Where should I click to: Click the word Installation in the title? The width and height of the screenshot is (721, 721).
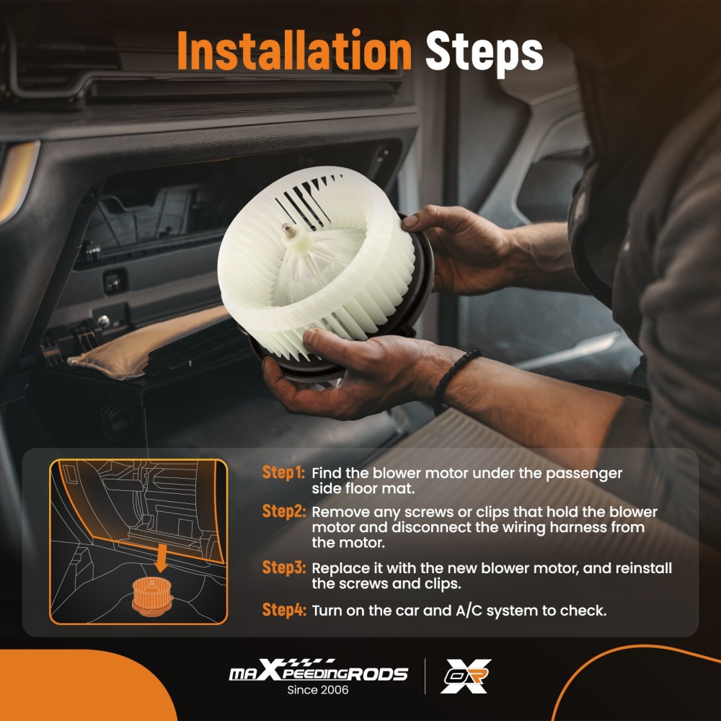[294, 50]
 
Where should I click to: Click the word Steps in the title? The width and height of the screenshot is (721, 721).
[485, 53]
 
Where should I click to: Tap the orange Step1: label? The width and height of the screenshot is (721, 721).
[283, 472]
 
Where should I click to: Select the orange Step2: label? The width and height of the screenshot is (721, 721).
[283, 511]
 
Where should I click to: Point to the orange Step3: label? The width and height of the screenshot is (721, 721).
[283, 567]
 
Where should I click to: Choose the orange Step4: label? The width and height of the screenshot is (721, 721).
[283, 610]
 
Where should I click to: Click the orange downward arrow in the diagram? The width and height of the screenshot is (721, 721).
[161, 558]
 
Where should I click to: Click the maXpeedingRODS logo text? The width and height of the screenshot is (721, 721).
[318, 671]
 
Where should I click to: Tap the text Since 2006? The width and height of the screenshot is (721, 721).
[318, 690]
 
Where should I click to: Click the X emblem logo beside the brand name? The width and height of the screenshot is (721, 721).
[466, 676]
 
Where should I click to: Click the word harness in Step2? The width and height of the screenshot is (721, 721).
[578, 527]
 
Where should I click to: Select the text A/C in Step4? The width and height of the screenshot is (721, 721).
[469, 611]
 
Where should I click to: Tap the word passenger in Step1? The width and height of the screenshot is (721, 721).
[583, 474]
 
